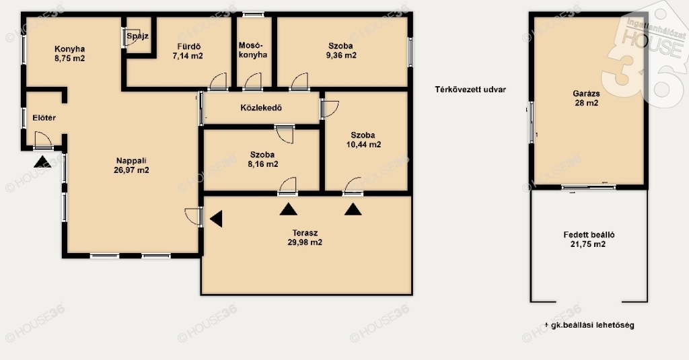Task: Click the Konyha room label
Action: point(69,49)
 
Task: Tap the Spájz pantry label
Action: point(137,36)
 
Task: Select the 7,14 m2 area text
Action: point(188,56)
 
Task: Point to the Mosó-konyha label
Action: point(253,50)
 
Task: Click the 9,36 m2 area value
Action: point(341,55)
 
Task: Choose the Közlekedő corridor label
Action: point(261,108)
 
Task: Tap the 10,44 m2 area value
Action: point(363,145)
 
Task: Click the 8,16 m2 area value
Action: point(263,164)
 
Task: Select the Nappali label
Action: point(131,161)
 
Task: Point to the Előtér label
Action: point(44,118)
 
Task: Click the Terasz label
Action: point(305,233)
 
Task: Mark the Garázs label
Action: point(586,94)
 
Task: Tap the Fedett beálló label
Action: point(589,235)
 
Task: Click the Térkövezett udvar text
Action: point(470,89)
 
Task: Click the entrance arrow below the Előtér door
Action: point(42,161)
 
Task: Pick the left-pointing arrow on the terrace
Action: point(216,219)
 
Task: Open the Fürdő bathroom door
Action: point(219,82)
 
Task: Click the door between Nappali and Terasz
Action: point(194,216)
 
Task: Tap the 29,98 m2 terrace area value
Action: point(305,243)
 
